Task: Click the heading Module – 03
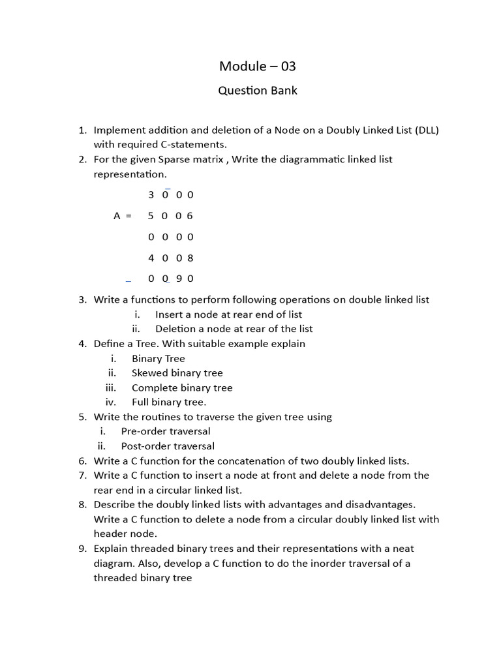coord(257,66)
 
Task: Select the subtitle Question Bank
coord(257,91)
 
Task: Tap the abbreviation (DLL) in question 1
coord(425,130)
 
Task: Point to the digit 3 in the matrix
coord(151,194)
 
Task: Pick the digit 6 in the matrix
coord(190,216)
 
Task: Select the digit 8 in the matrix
coord(190,258)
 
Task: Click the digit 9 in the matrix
coord(178,279)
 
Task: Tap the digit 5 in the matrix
coord(151,216)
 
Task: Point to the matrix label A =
coord(123,216)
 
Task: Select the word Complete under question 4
coord(154,387)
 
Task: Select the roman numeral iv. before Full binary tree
coord(110,402)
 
